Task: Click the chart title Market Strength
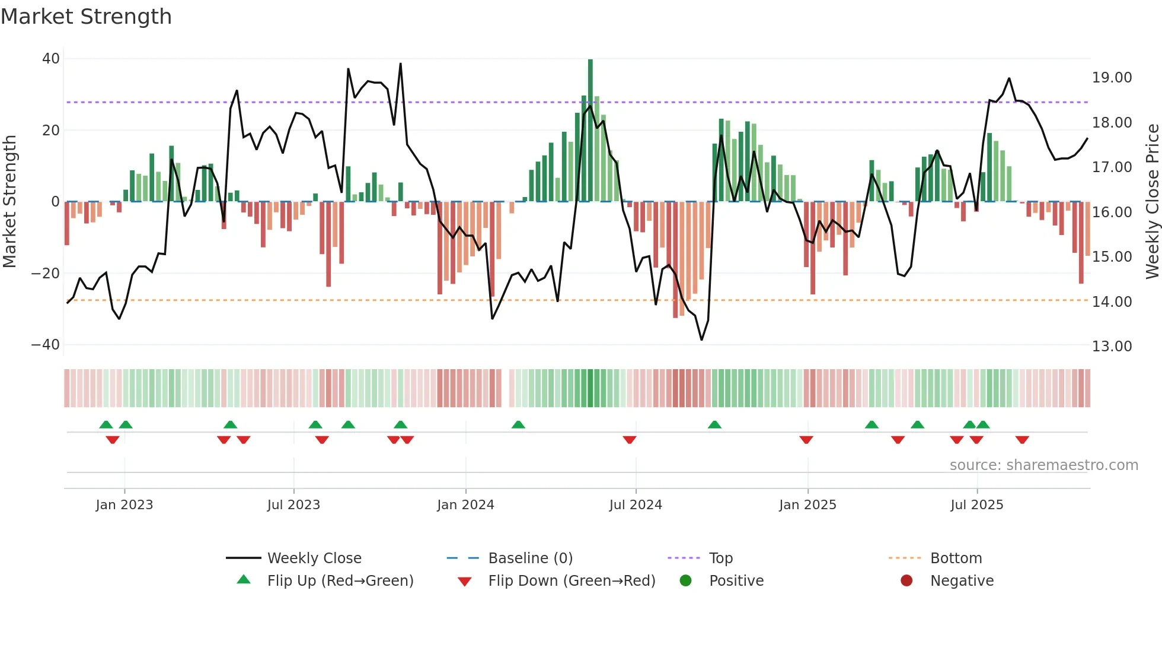pyautogui.click(x=86, y=17)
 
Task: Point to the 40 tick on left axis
pyautogui.click(x=51, y=59)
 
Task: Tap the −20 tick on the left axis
pyautogui.click(x=46, y=274)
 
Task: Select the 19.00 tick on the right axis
pyautogui.click(x=1112, y=78)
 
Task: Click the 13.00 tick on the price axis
pyautogui.click(x=1112, y=347)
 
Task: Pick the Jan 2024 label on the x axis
pyautogui.click(x=465, y=505)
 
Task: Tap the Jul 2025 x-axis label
pyautogui.click(x=976, y=505)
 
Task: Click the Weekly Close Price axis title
pyautogui.click(x=1152, y=202)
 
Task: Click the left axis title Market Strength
pyautogui.click(x=9, y=202)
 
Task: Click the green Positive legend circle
pyautogui.click(x=686, y=581)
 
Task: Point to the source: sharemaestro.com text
pyautogui.click(x=1043, y=465)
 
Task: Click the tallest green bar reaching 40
pyautogui.click(x=590, y=131)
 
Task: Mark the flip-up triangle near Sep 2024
pyautogui.click(x=714, y=425)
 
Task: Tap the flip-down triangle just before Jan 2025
pyautogui.click(x=806, y=440)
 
